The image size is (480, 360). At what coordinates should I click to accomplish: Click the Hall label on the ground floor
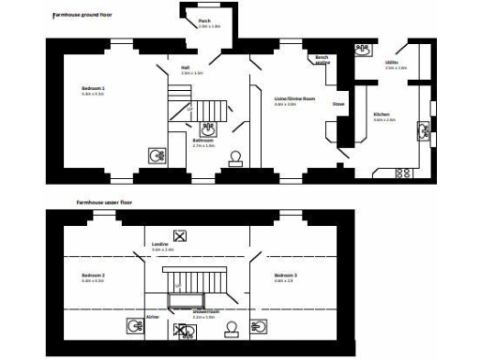(185, 67)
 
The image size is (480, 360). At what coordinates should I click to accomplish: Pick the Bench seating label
(322, 59)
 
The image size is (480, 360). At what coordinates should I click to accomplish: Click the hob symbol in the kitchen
(404, 172)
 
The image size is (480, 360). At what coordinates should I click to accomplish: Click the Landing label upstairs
(160, 245)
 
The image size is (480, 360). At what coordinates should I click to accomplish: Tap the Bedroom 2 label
(93, 276)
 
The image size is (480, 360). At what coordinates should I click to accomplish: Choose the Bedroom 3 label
(285, 276)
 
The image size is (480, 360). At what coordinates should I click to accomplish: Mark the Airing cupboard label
(152, 318)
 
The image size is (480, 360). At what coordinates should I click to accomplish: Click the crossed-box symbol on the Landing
(181, 236)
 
